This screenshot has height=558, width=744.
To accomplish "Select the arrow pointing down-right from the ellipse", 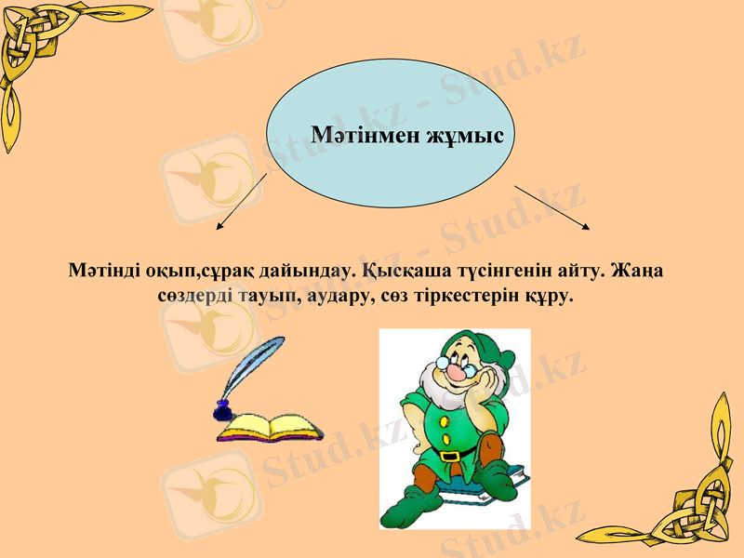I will click(552, 206).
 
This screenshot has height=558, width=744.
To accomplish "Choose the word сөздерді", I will click(195, 297).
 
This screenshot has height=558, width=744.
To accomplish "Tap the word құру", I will click(551, 297).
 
